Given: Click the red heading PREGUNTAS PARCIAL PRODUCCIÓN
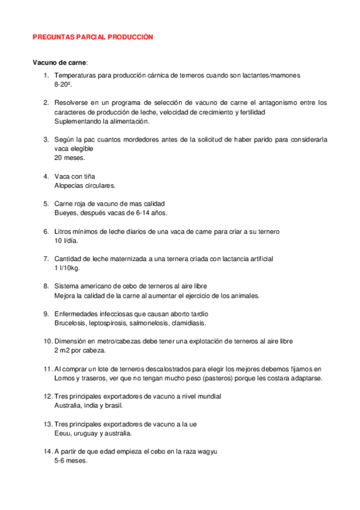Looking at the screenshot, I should tap(93, 37).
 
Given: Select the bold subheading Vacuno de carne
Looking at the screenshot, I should tap(59, 62).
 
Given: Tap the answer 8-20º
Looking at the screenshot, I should tap(63, 85).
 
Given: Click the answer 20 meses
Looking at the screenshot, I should tap(70, 158).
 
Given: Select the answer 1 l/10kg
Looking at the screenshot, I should tap(67, 268).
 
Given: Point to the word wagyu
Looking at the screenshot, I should tap(207, 452).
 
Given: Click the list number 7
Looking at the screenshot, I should tap(46, 259).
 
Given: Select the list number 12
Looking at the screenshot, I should tap(47, 397).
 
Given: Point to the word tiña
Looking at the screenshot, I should tap(88, 177).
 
